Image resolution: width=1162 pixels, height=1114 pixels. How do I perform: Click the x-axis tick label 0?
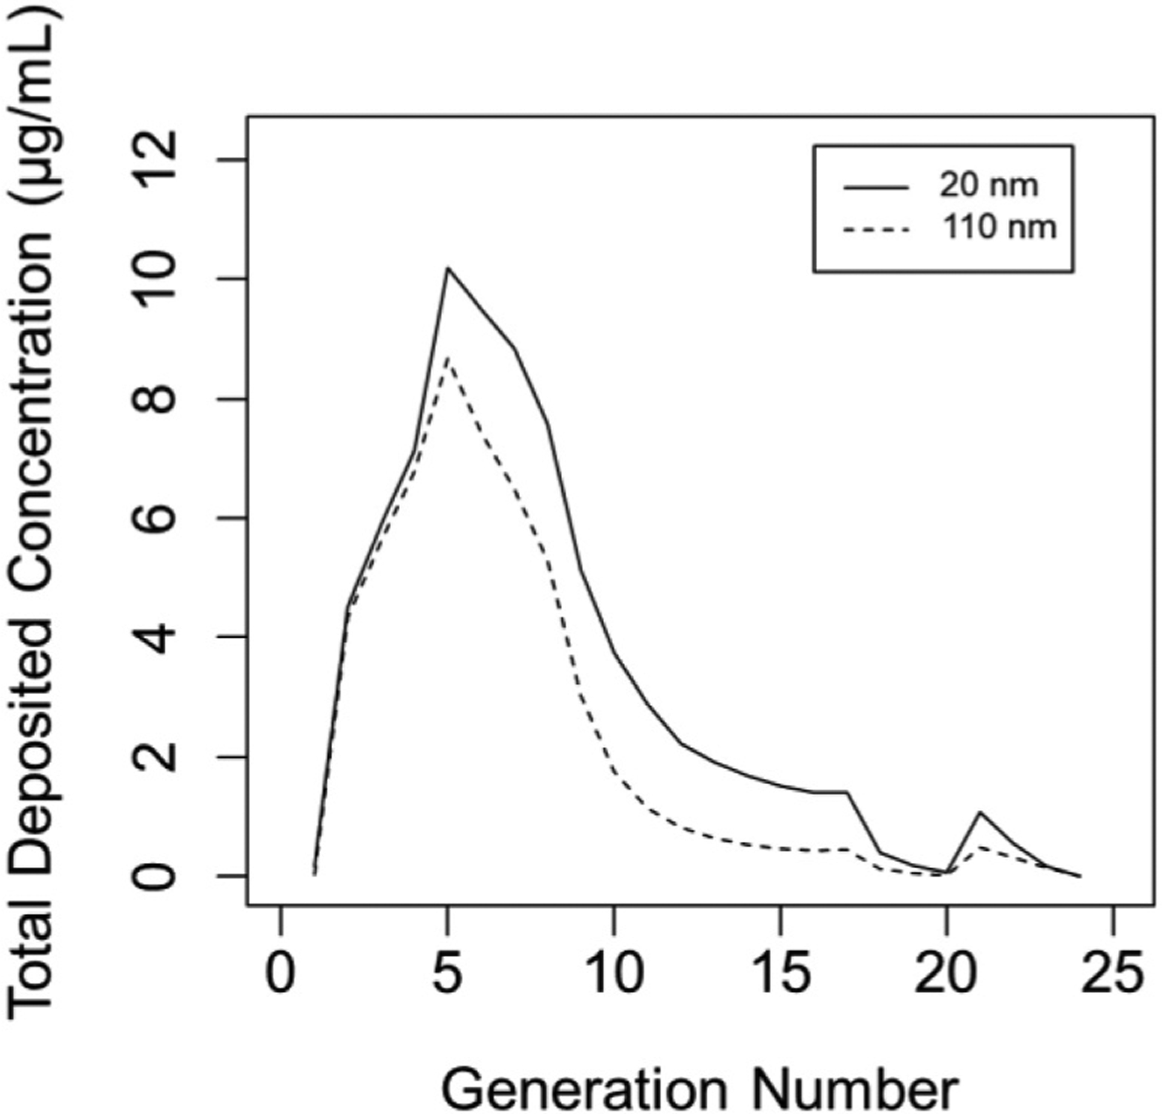pos(280,975)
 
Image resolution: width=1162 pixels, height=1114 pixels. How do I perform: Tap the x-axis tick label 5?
pos(447,975)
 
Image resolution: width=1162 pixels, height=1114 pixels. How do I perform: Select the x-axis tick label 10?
pos(614,975)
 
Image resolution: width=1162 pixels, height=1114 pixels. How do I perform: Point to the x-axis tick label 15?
pos(781,975)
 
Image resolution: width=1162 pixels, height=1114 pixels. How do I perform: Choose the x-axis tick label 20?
pos(947,975)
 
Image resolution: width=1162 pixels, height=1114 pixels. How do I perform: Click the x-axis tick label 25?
pos(1114,975)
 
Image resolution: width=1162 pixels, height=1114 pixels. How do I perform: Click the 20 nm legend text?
pos(988,185)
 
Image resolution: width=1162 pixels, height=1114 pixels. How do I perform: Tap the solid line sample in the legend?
pos(876,188)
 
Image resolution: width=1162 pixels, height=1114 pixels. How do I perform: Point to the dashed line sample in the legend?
pos(876,230)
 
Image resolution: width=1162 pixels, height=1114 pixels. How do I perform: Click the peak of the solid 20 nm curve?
pos(447,267)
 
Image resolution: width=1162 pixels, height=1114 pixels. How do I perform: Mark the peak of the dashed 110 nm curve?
pos(447,358)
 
